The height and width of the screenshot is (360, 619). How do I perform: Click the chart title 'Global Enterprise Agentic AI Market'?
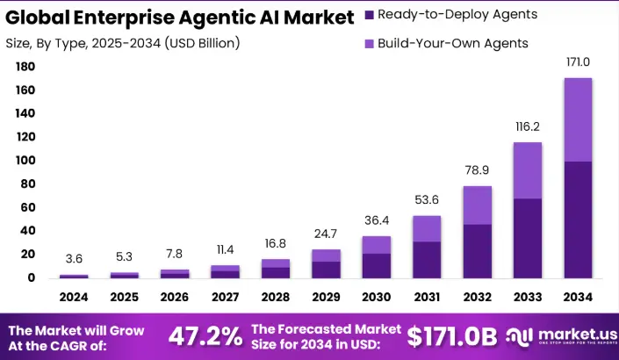coord(181,17)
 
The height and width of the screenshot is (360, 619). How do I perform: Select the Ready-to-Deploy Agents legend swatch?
coord(368,15)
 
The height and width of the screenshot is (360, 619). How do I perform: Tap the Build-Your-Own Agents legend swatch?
coord(368,43)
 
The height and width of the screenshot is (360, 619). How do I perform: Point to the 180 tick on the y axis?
coord(25,67)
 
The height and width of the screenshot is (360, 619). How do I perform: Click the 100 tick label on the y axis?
coord(25,161)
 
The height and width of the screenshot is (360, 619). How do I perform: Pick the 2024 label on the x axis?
coord(74,297)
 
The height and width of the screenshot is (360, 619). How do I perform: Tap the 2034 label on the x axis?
coord(577,297)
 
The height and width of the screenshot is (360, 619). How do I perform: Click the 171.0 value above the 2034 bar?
coord(577,63)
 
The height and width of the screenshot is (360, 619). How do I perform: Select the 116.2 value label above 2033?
coord(527,127)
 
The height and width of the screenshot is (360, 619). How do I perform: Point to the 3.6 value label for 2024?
coord(74,260)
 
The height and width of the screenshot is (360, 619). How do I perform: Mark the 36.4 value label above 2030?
coord(377,220)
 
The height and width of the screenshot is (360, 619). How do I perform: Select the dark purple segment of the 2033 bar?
coord(527,238)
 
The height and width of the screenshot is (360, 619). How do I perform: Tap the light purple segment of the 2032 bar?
coord(477,205)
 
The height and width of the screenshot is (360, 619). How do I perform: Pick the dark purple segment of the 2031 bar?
coord(427,259)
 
